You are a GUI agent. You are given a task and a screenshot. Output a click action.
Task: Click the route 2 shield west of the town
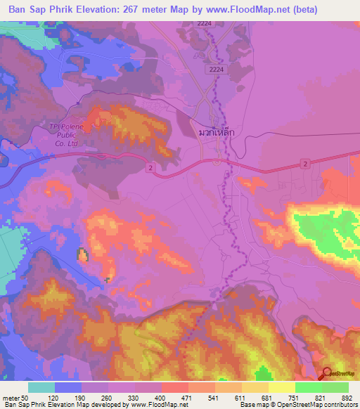[150, 167]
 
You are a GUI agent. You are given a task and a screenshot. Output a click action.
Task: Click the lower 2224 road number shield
[217, 70]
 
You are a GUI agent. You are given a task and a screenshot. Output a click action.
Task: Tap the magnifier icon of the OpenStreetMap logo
[327, 375]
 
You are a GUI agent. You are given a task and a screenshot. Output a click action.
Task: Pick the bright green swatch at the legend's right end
[335, 387]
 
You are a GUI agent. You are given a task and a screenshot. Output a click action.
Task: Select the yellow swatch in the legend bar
[281, 387]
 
